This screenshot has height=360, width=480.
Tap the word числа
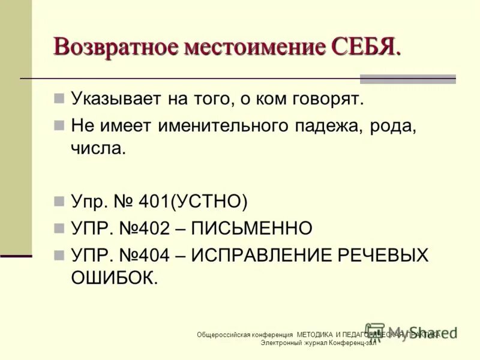(98, 148)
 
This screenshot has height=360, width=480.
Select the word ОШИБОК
(114, 277)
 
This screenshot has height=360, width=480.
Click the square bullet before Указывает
(59, 98)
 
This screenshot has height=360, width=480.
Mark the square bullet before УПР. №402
(59, 228)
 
